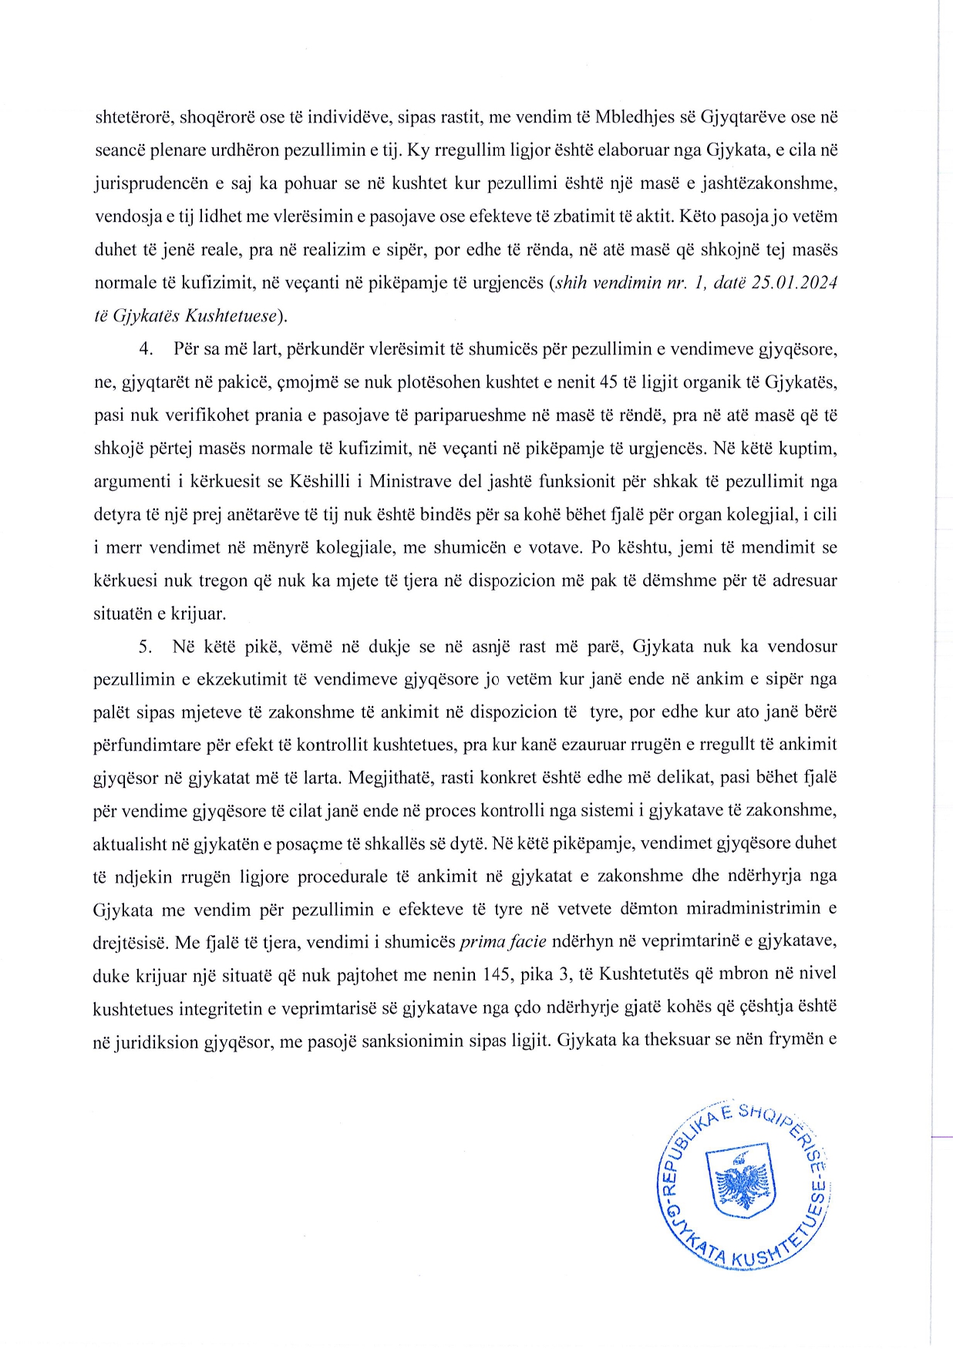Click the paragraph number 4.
(x=146, y=349)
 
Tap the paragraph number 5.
(x=146, y=646)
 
